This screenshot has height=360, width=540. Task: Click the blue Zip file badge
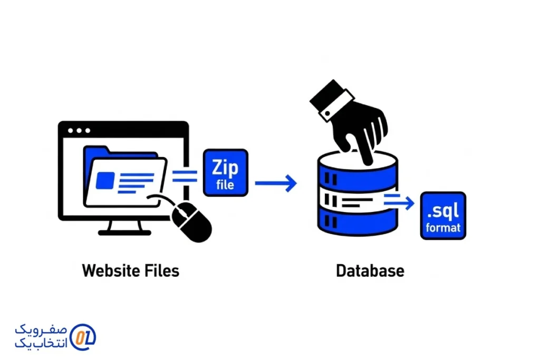(225, 172)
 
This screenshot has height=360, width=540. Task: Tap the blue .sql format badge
(443, 215)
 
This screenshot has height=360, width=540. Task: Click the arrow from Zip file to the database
(276, 183)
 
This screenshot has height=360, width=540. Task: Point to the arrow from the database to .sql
(400, 199)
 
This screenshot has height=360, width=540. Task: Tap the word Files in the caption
(162, 271)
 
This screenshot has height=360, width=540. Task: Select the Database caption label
(370, 271)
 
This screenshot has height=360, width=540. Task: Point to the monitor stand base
(124, 232)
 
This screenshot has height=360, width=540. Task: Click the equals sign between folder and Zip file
(185, 175)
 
